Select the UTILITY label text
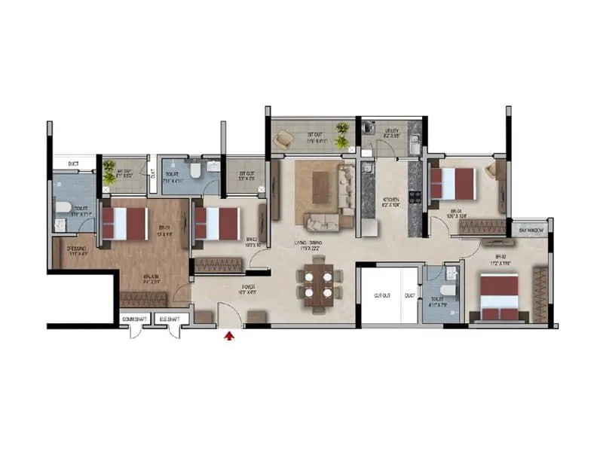pyautogui.click(x=391, y=131)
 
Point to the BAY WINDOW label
pyautogui.click(x=531, y=229)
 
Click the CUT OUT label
pyautogui.click(x=383, y=296)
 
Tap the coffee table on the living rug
pyautogui.click(x=320, y=179)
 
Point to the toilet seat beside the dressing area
pyautogui.click(x=63, y=208)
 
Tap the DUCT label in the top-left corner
pyautogui.click(x=73, y=163)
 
